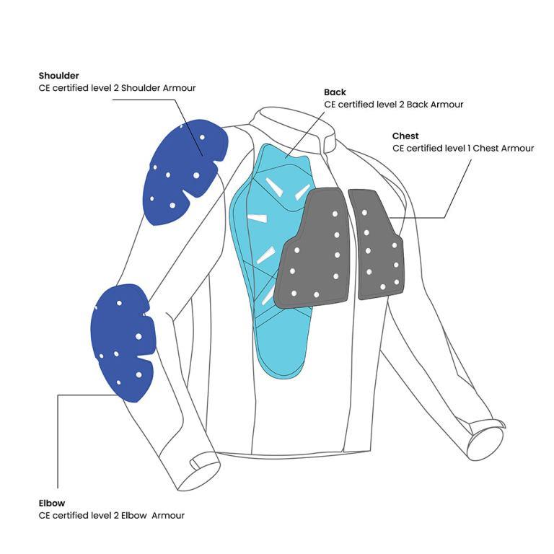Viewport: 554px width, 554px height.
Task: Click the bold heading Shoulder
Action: pyautogui.click(x=59, y=76)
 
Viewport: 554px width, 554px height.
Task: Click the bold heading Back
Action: pyautogui.click(x=335, y=92)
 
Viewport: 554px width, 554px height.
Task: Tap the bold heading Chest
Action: pyautogui.click(x=405, y=136)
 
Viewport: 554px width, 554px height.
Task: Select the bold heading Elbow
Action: pyautogui.click(x=52, y=503)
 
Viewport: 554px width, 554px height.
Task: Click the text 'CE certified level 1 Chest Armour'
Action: pyautogui.click(x=463, y=149)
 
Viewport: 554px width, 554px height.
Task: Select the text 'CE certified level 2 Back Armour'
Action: pyautogui.click(x=393, y=105)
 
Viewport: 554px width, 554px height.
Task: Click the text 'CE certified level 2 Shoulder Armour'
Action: pyautogui.click(x=117, y=88)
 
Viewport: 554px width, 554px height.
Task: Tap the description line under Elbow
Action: pyautogui.click(x=112, y=515)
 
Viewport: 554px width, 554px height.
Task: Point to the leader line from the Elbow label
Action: pyautogui.click(x=58, y=440)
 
